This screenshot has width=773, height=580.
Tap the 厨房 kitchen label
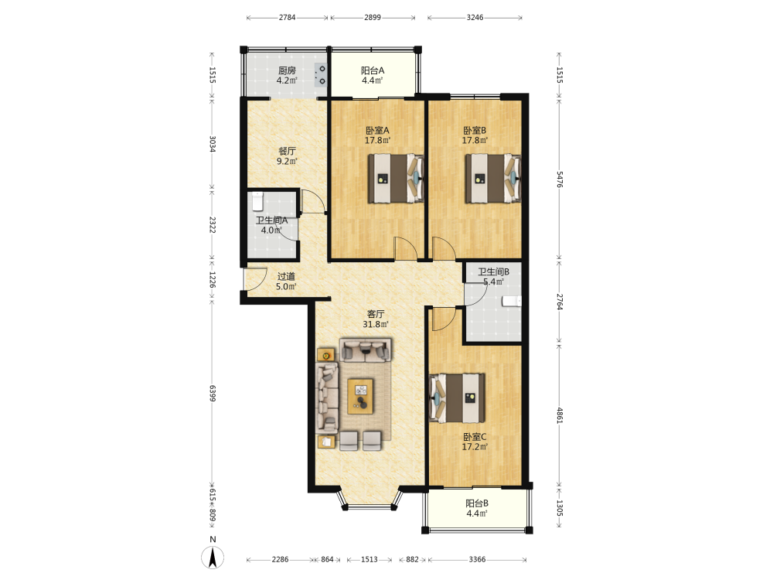[287, 70]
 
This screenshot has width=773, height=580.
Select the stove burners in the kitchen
[321, 75]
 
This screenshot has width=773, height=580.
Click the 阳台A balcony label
[373, 70]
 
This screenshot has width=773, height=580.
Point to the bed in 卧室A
[396, 178]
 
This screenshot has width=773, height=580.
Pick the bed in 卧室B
[493, 178]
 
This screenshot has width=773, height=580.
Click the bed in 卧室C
[457, 398]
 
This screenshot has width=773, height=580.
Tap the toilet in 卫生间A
[257, 201]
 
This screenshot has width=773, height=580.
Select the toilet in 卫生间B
[512, 302]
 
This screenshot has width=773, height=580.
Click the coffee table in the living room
[360, 396]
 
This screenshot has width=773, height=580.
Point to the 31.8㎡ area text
[376, 324]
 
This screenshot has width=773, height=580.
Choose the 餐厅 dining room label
[287, 151]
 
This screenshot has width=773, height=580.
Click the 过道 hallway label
[286, 276]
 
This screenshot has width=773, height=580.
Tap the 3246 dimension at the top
[475, 17]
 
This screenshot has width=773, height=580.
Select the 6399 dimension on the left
[213, 393]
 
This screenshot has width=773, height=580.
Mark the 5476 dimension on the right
[560, 179]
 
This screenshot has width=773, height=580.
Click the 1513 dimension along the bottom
[369, 559]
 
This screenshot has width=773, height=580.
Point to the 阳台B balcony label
[477, 503]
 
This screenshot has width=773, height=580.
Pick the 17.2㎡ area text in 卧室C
[475, 447]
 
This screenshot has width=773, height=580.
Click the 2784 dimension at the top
[287, 17]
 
